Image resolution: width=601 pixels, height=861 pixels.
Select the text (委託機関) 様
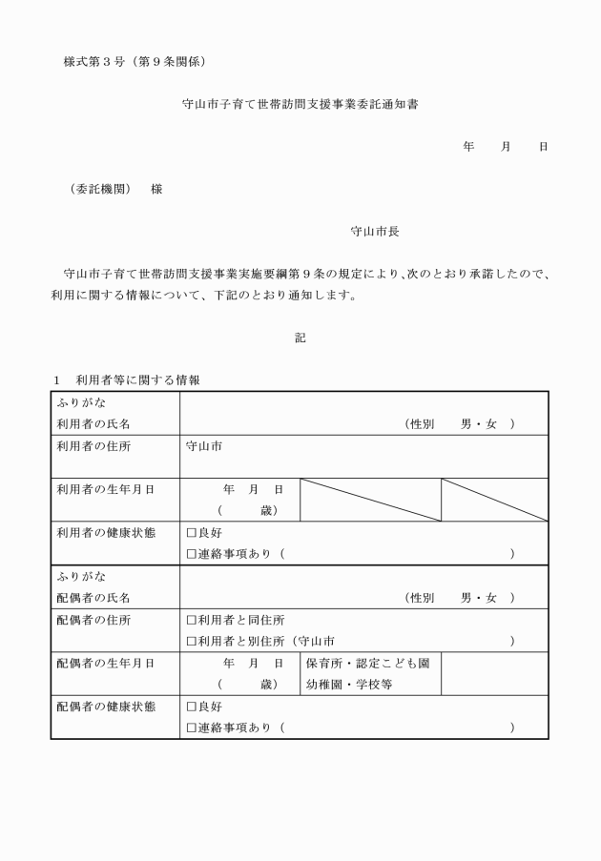point(115,189)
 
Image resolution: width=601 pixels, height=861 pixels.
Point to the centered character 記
point(300,337)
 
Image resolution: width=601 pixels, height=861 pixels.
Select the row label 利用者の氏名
point(93,423)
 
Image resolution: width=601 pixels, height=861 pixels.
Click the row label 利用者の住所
point(93,445)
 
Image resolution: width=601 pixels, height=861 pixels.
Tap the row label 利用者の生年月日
point(100,489)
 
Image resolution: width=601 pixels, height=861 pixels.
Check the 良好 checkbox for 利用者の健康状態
point(192,532)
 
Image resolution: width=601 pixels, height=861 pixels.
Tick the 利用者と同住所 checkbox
point(192,620)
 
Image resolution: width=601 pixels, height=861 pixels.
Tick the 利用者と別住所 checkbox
point(192,642)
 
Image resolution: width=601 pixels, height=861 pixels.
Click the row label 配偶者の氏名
point(93,598)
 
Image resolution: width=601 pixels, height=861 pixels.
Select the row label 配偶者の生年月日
point(100,663)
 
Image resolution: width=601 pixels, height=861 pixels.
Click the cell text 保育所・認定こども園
point(366,663)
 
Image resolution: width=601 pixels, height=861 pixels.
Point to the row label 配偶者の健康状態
point(100,707)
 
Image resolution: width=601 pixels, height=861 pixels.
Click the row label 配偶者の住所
point(93,620)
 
